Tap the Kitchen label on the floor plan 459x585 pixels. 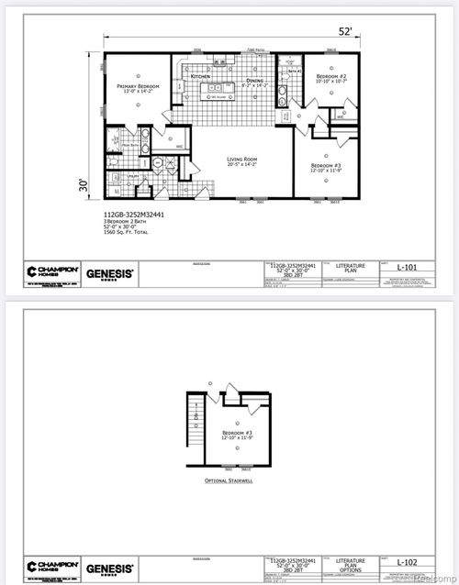(200, 76)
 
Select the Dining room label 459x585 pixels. (256, 81)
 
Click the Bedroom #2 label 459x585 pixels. (330, 75)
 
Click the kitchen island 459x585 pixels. (218, 92)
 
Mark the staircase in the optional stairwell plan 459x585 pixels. (194, 417)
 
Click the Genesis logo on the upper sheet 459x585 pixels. (111, 272)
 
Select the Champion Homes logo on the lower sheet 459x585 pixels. (49, 566)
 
